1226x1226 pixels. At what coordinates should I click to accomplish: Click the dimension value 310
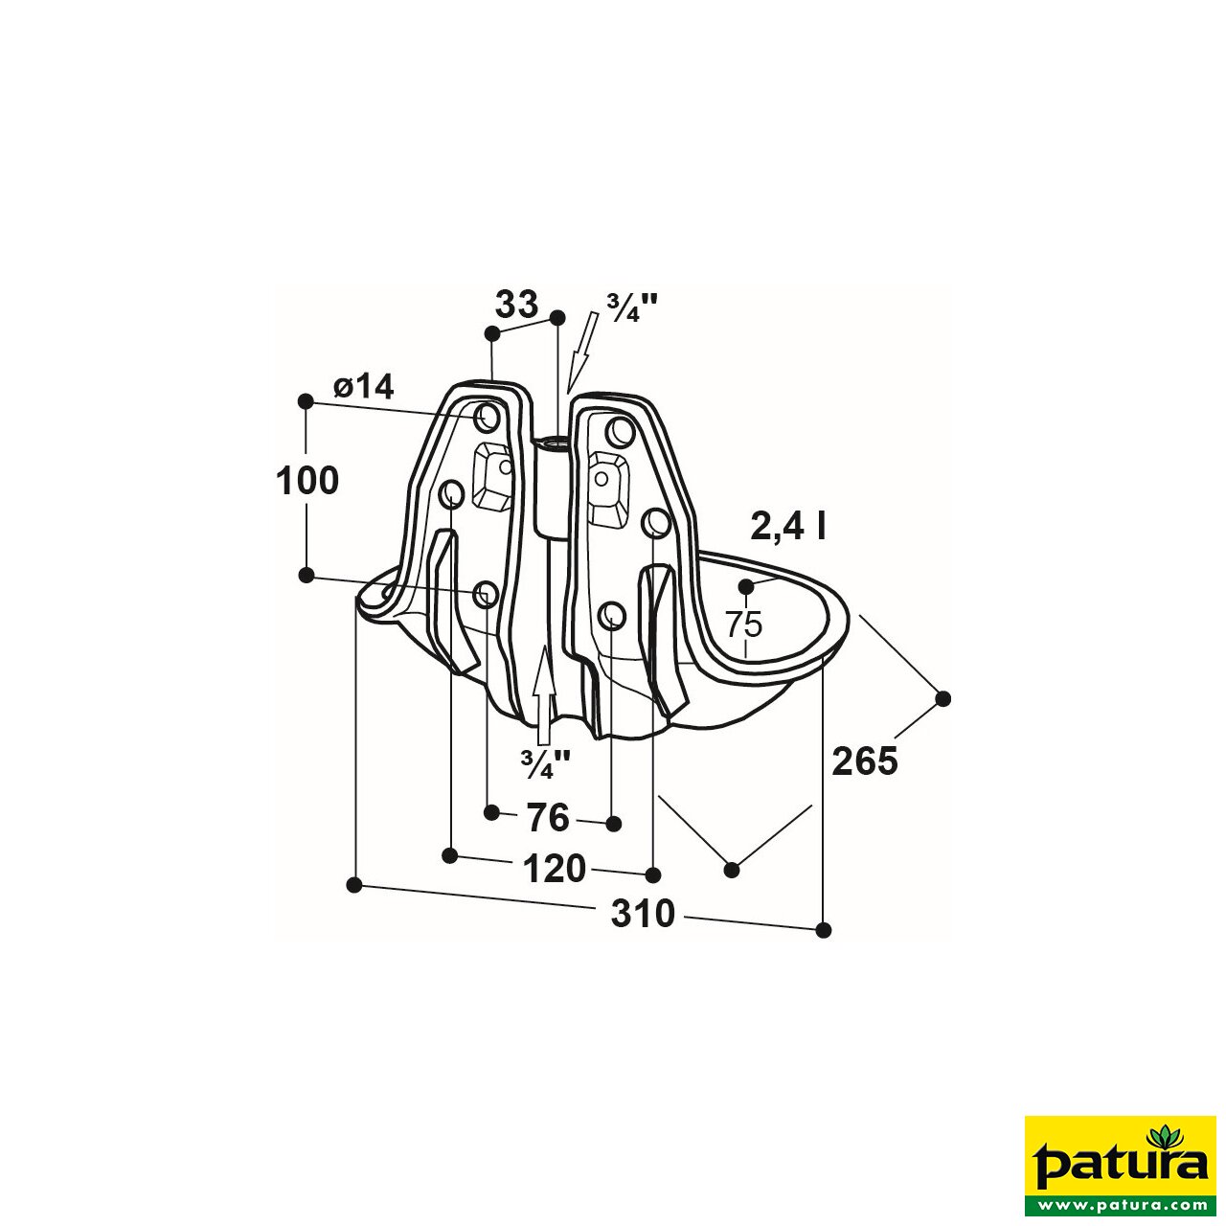point(643,914)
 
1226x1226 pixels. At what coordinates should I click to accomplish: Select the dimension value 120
point(555,869)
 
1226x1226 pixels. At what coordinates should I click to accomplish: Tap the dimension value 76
point(548,818)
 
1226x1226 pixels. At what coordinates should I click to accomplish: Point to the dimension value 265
point(864,761)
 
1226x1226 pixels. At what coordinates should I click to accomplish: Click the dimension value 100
point(307,481)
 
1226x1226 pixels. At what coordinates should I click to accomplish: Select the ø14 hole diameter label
point(363,387)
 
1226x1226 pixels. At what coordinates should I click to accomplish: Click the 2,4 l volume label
point(787,526)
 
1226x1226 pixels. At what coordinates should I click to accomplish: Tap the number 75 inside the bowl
point(743,624)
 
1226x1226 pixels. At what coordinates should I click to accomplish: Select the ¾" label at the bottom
point(545,763)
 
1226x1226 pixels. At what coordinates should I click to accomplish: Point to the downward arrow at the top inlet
point(581,352)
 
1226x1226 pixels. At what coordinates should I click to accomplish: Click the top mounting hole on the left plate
point(487,417)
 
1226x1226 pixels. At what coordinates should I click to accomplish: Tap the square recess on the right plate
point(607,484)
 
